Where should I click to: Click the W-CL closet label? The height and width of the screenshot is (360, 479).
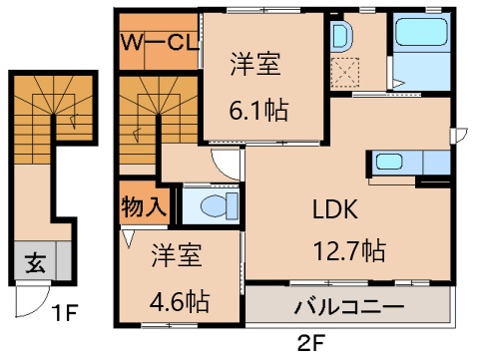tap(157, 42)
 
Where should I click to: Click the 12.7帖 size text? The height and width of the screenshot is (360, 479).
tap(345, 249)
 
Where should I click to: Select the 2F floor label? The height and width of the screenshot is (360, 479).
tap(311, 345)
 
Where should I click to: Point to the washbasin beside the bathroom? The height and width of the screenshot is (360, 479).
tap(339, 37)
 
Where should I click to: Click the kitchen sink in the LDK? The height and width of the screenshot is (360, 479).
tap(387, 163)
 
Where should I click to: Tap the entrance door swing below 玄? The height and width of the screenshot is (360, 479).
tap(35, 298)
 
